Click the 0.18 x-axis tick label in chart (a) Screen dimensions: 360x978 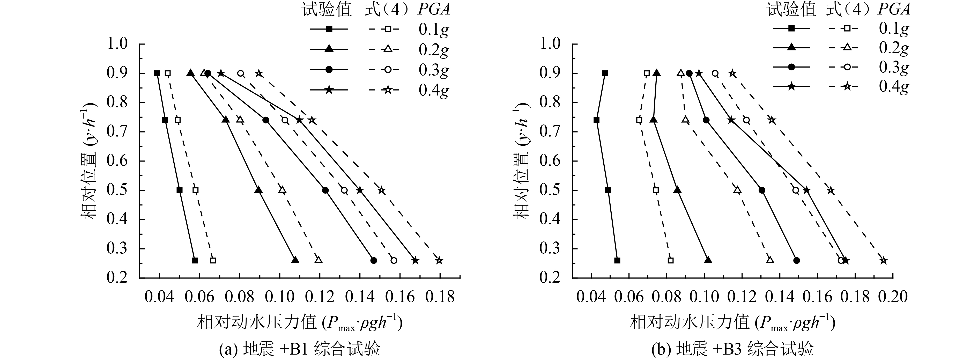point(440,297)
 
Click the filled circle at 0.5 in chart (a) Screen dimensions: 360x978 point(325,190)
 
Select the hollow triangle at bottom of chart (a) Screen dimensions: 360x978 point(318,260)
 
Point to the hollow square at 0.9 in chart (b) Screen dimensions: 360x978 point(647,73)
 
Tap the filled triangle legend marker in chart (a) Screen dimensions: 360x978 point(329,49)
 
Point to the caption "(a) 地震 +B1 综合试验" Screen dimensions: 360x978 point(300,349)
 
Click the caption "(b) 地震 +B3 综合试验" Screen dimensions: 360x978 point(733,349)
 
